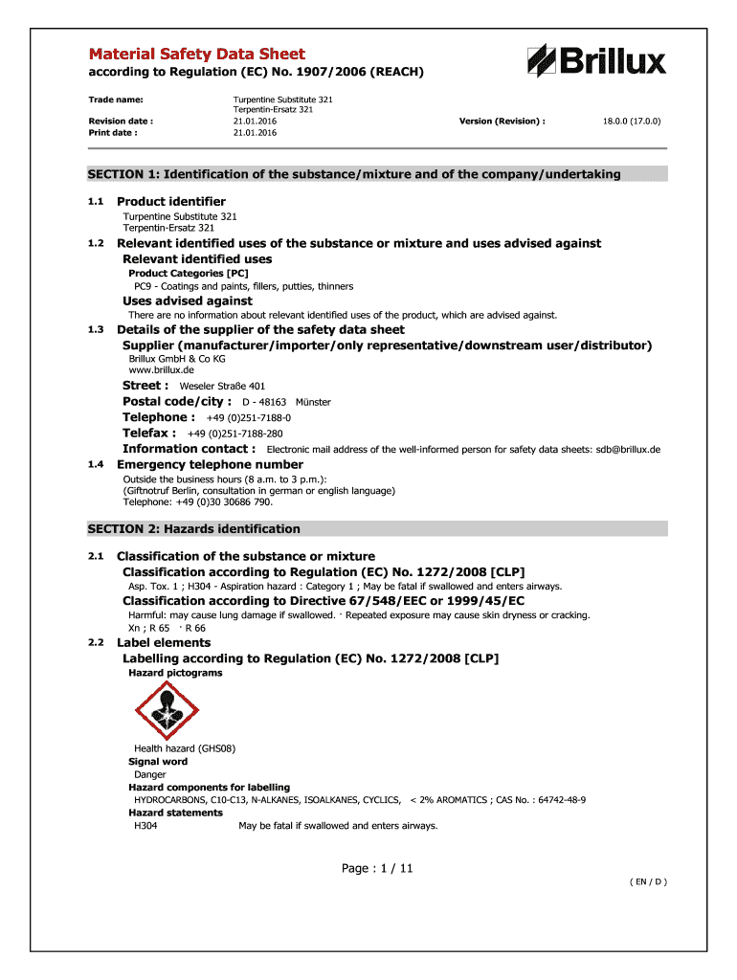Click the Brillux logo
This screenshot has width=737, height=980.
click(x=595, y=60)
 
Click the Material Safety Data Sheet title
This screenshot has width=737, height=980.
click(x=197, y=55)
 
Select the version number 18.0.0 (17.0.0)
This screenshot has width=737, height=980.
click(x=632, y=122)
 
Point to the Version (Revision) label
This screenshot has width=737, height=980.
click(x=502, y=122)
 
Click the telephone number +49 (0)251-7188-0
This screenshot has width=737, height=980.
click(x=249, y=418)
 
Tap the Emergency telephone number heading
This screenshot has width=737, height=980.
click(x=210, y=464)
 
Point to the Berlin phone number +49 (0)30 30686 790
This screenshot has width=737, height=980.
click(x=218, y=501)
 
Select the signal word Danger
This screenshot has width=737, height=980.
click(x=150, y=774)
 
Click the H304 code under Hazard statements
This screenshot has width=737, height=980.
click(x=146, y=825)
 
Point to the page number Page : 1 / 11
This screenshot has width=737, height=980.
click(x=377, y=869)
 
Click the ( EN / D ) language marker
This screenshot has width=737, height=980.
click(x=648, y=881)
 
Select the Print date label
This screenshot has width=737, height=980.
click(x=113, y=133)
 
